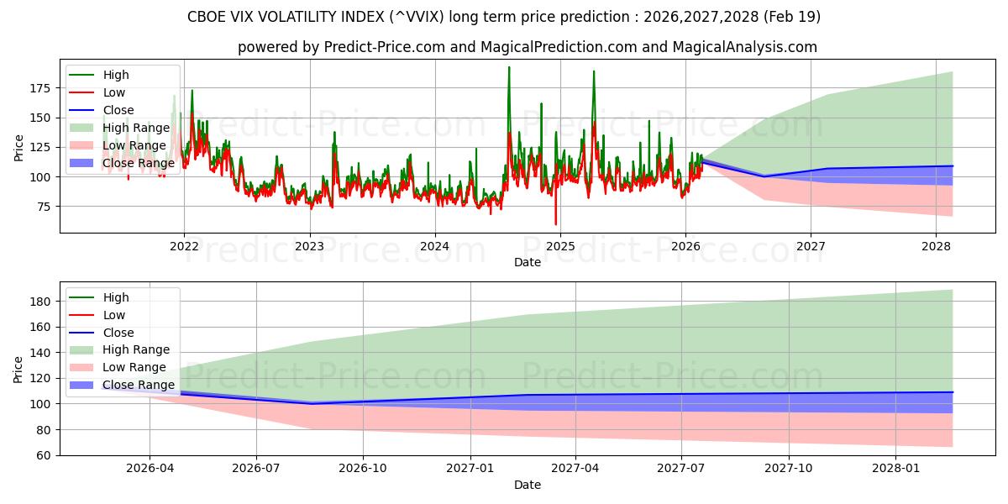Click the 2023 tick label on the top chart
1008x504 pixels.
pyautogui.click(x=309, y=246)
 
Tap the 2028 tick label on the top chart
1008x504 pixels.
pyautogui.click(x=936, y=246)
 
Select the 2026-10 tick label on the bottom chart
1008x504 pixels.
pyautogui.click(x=364, y=469)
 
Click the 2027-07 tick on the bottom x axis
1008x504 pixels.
pyautogui.click(x=684, y=469)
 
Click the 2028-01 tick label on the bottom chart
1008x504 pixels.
pyautogui.click(x=897, y=469)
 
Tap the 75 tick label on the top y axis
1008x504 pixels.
pyautogui.click(x=44, y=207)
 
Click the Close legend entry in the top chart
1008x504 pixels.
pyautogui.click(x=118, y=110)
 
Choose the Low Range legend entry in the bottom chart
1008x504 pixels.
pyautogui.click(x=135, y=367)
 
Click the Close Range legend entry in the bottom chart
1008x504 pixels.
pyautogui.click(x=139, y=385)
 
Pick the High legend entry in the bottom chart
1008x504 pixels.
pyautogui.click(x=116, y=297)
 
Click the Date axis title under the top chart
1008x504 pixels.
pyautogui.click(x=527, y=262)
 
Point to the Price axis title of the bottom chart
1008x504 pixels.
pyautogui.click(x=18, y=369)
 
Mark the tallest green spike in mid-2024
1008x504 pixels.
pyautogui.click(x=508, y=68)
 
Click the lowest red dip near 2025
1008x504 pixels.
pyautogui.click(x=555, y=223)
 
